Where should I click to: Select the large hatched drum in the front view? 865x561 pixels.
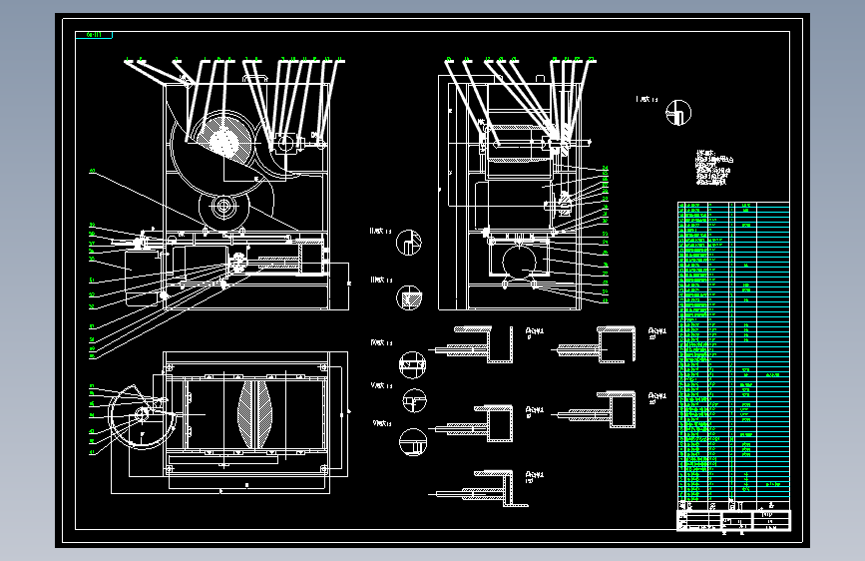click(x=222, y=140)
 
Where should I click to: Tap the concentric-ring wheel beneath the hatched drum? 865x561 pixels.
click(x=224, y=209)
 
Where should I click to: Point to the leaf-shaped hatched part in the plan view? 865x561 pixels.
click(x=256, y=414)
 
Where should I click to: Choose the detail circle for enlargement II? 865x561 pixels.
click(x=409, y=242)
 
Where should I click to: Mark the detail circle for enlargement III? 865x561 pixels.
click(x=409, y=296)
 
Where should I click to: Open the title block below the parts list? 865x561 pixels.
click(x=733, y=521)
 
